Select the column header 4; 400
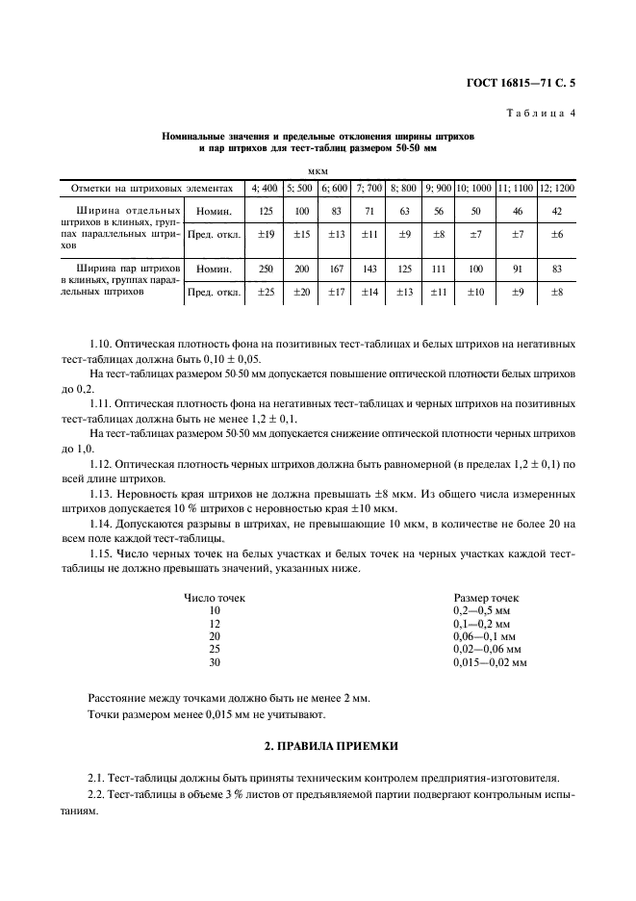(x=263, y=188)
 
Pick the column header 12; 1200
(x=556, y=188)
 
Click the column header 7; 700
(x=369, y=188)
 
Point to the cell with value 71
(x=369, y=210)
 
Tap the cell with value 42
(x=556, y=210)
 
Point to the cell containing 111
(x=439, y=270)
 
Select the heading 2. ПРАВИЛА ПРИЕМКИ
(x=318, y=746)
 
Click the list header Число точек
(x=215, y=598)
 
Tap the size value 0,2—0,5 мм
(x=481, y=611)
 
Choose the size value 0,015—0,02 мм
(x=490, y=662)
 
